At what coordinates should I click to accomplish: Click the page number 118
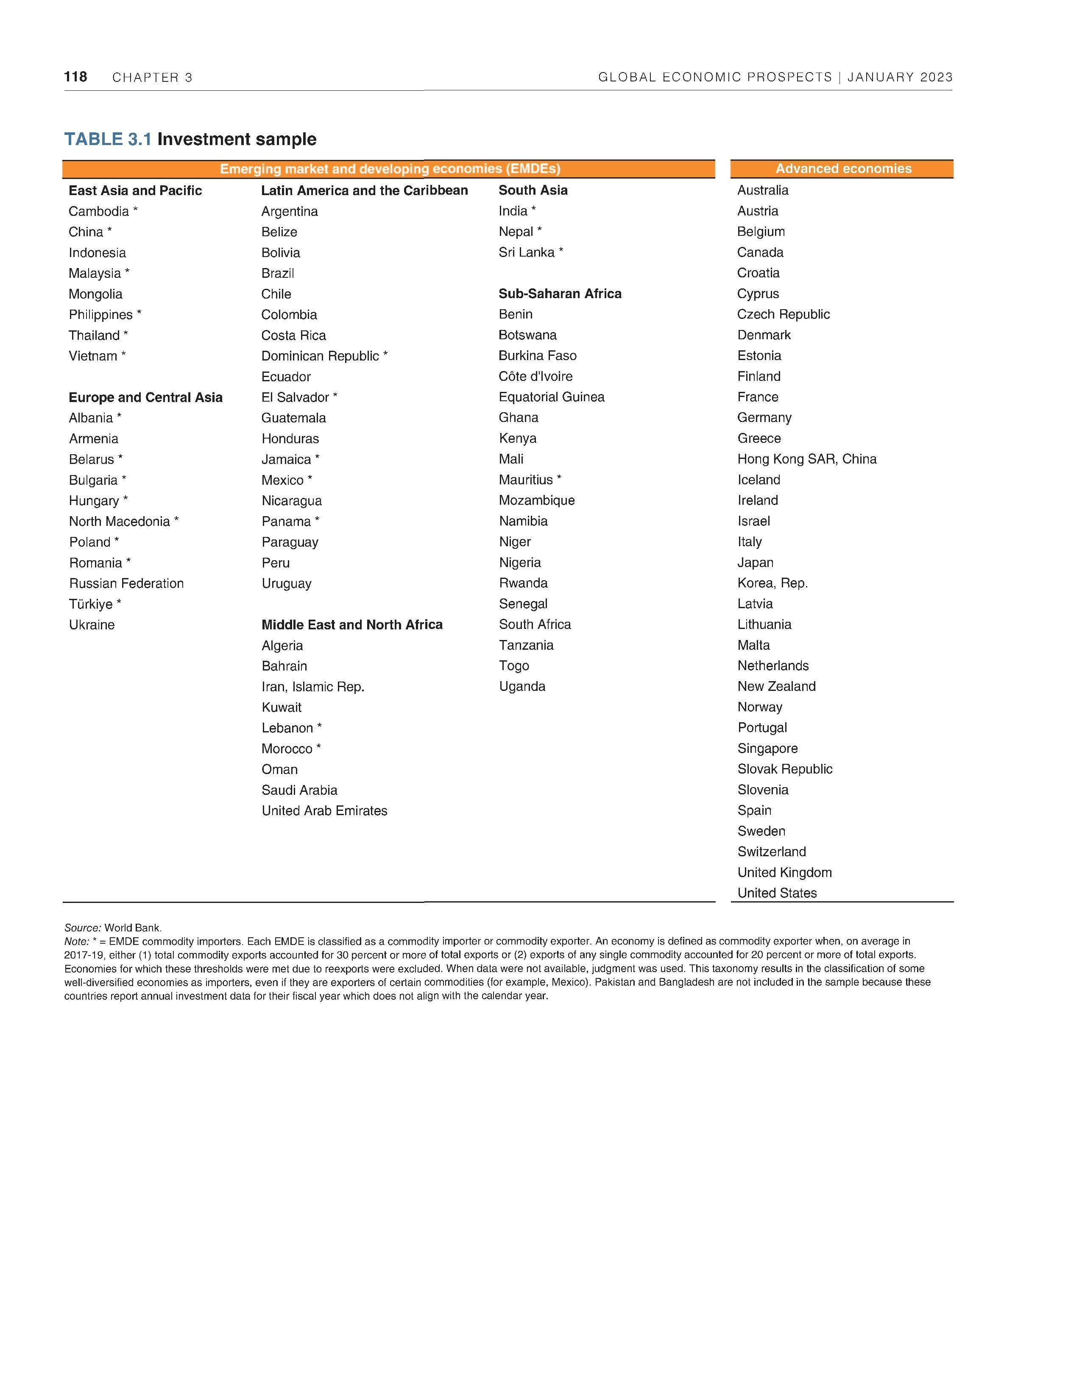point(75,77)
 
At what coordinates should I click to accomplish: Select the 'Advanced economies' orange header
point(843,169)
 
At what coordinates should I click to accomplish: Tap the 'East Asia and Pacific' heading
point(135,190)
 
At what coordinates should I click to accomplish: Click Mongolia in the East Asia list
point(95,294)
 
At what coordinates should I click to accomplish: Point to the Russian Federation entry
point(126,583)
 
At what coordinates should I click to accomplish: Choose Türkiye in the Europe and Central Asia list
point(91,604)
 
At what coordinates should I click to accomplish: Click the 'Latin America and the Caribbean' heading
point(364,190)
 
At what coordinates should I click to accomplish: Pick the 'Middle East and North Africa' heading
point(352,624)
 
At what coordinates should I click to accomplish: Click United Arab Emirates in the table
point(324,811)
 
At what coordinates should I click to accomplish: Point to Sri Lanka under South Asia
point(526,253)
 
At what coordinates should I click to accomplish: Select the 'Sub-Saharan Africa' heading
point(560,293)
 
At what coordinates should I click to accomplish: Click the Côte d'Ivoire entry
point(535,376)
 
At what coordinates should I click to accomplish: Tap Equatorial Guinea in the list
point(551,397)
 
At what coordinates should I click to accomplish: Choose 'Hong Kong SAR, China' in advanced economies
point(806,459)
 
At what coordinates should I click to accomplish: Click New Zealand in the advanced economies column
point(776,687)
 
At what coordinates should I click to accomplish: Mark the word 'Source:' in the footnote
point(82,928)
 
